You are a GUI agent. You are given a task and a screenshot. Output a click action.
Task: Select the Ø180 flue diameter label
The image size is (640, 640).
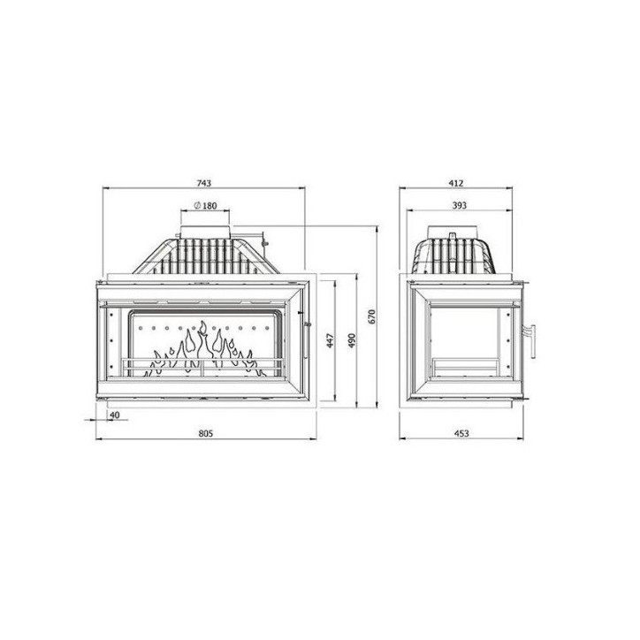(205, 206)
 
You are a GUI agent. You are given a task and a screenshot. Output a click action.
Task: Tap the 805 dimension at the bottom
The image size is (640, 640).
(204, 433)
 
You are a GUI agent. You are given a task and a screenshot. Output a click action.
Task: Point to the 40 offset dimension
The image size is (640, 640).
(114, 415)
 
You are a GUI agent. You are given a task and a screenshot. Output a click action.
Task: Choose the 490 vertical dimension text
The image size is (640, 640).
(350, 341)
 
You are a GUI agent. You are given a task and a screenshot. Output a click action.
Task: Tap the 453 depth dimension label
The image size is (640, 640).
(461, 433)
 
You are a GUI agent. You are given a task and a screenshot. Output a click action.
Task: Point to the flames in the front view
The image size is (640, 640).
(204, 349)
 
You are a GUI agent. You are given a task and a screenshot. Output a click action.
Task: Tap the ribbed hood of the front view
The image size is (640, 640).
(206, 256)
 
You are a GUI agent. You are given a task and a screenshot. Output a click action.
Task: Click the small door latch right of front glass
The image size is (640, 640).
(306, 326)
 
